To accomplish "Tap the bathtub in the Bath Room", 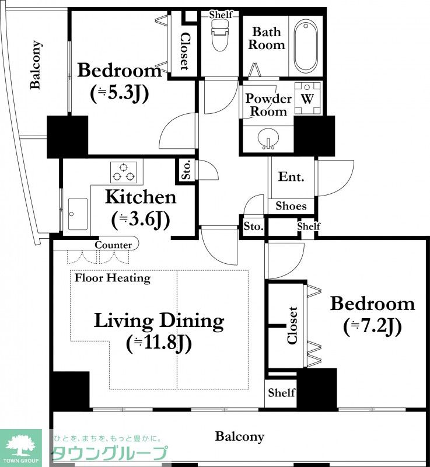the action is pyautogui.click(x=306, y=46).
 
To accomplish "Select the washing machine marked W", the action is pyautogui.click(x=307, y=99).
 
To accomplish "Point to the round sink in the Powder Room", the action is pyautogui.click(x=269, y=139).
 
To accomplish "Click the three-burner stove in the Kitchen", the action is pyautogui.click(x=124, y=172).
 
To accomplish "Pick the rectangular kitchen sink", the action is pyautogui.click(x=78, y=214).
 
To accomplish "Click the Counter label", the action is pyautogui.click(x=113, y=245).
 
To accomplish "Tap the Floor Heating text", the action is pyautogui.click(x=113, y=278).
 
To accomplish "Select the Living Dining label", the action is pyautogui.click(x=159, y=321).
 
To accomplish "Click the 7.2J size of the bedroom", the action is pyautogui.click(x=372, y=326).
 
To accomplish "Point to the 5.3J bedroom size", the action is pyautogui.click(x=120, y=93).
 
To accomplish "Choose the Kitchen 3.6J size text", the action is pyautogui.click(x=141, y=220).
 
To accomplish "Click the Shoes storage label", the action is pyautogui.click(x=291, y=206).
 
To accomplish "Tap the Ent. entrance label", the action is pyautogui.click(x=291, y=177).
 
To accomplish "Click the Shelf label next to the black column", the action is pyautogui.click(x=281, y=392).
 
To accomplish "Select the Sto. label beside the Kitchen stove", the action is pyautogui.click(x=186, y=170).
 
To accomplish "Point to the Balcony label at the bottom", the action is pyautogui.click(x=240, y=437).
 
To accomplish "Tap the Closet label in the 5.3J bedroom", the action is pyautogui.click(x=184, y=51).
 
